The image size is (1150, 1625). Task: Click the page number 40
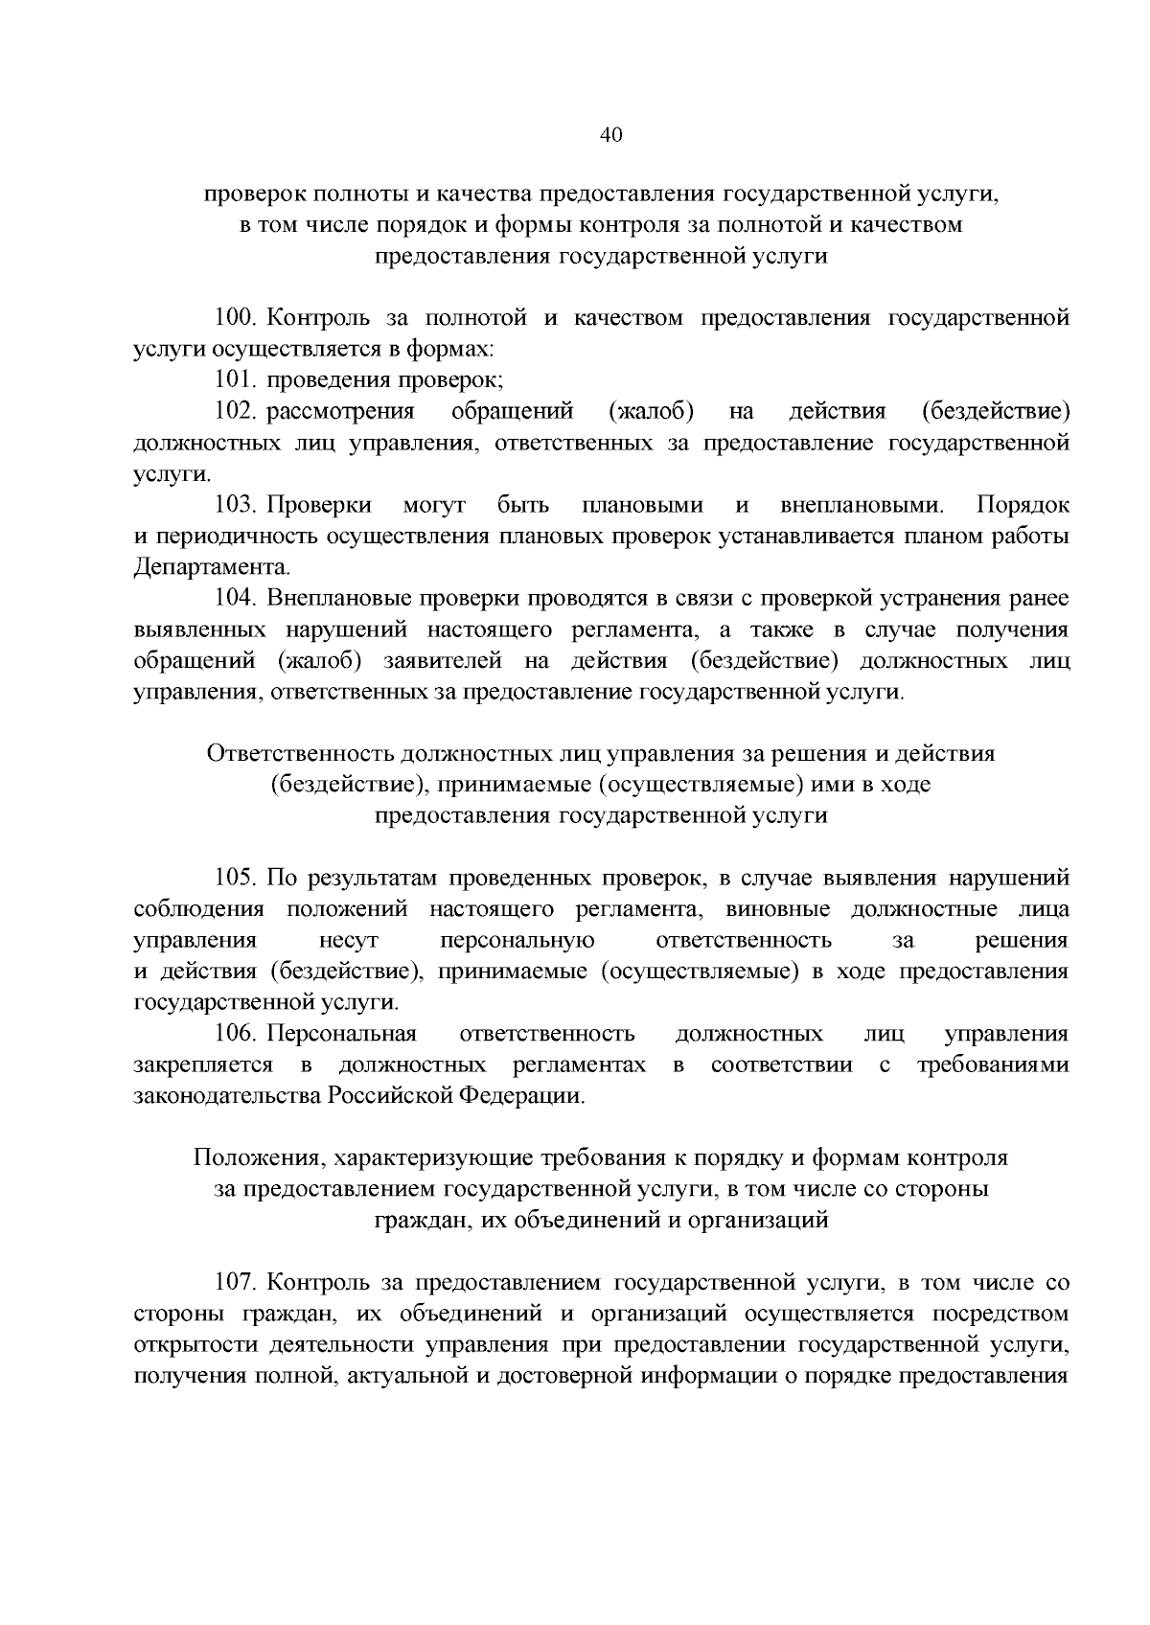[611, 135]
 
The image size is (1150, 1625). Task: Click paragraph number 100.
[236, 318]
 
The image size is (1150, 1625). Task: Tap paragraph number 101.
[236, 380]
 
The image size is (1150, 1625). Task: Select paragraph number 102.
[236, 412]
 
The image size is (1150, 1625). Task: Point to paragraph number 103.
[236, 505]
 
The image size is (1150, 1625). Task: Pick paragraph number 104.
[236, 599]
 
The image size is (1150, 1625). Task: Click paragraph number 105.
[236, 879]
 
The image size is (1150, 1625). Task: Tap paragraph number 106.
[236, 1034]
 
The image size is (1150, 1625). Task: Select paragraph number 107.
[236, 1283]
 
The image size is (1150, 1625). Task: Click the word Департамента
[211, 567]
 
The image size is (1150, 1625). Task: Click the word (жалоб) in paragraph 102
[651, 412]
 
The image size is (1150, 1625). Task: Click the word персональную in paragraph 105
[517, 941]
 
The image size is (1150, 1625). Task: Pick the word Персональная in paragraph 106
[341, 1034]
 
